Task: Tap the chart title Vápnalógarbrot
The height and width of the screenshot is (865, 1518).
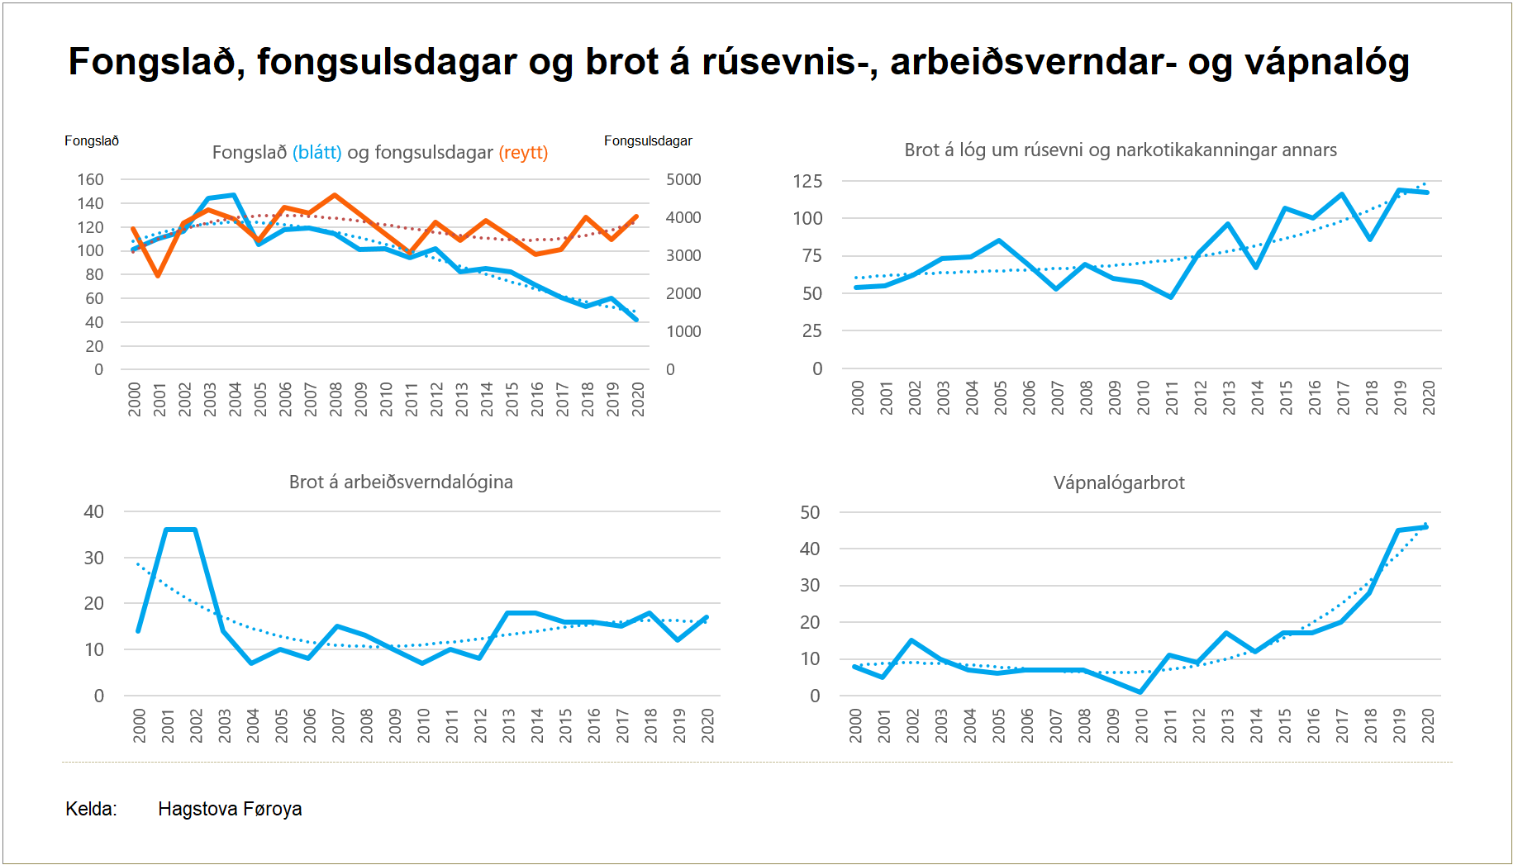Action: pyautogui.click(x=1119, y=483)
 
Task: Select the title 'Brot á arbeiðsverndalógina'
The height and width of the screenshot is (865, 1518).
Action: pyautogui.click(x=401, y=482)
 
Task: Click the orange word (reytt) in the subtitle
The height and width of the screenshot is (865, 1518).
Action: pyautogui.click(x=523, y=153)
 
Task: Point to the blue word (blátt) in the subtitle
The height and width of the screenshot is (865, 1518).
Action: pyautogui.click(x=316, y=153)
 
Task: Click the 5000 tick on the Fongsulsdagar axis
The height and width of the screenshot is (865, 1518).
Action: pyautogui.click(x=683, y=180)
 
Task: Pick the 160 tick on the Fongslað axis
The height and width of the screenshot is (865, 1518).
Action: pyautogui.click(x=90, y=180)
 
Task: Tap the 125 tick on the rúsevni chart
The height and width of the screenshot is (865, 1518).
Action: pyautogui.click(x=807, y=182)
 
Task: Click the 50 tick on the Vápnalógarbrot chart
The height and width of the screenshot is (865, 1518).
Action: pyautogui.click(x=810, y=513)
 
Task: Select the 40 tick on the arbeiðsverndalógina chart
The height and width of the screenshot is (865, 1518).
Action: pyautogui.click(x=94, y=512)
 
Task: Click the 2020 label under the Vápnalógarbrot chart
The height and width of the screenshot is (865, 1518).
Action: pyautogui.click(x=1428, y=725)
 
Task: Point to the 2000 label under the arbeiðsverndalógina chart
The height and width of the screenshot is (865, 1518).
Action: pyautogui.click(x=140, y=725)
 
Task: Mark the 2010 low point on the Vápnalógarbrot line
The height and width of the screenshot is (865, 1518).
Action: pyautogui.click(x=1141, y=692)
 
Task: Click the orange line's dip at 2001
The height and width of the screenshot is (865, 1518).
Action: pyautogui.click(x=158, y=275)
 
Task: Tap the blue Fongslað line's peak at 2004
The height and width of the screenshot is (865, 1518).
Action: pyautogui.click(x=234, y=196)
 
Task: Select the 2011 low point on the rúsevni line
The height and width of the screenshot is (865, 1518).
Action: pyautogui.click(x=1171, y=297)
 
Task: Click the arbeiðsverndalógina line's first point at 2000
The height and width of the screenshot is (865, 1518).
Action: pyautogui.click(x=138, y=631)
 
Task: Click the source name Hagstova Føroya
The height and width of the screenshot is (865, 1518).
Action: pyautogui.click(x=230, y=810)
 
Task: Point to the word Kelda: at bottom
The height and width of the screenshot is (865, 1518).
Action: pyautogui.click(x=91, y=810)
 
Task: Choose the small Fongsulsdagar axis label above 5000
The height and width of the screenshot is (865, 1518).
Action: pyautogui.click(x=648, y=141)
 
